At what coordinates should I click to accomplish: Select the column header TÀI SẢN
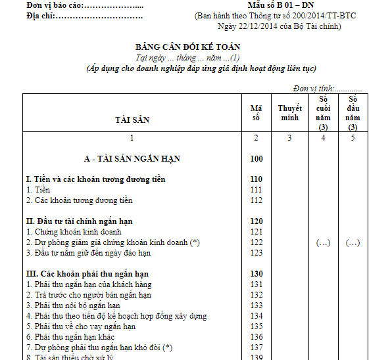point(132,120)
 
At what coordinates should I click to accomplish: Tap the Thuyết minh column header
point(289,113)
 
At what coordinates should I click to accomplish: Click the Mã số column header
point(256,113)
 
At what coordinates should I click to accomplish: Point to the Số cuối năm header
point(323,113)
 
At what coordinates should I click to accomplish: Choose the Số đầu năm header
point(353,113)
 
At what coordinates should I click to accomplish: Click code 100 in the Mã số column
point(256,159)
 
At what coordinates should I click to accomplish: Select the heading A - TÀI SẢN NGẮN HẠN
point(132,159)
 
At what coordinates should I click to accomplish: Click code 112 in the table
point(256,200)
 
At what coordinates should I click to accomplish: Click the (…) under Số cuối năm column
point(323,242)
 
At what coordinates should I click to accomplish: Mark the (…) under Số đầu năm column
point(353,242)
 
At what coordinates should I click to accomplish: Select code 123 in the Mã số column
point(256,253)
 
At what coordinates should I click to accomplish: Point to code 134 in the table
point(256,316)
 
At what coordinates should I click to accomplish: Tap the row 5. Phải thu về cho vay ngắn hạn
point(81,326)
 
